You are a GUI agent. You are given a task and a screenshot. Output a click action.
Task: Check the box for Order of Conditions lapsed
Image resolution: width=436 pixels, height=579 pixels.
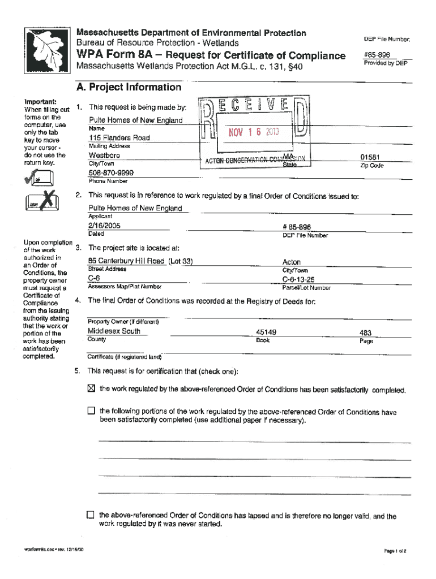(90, 515)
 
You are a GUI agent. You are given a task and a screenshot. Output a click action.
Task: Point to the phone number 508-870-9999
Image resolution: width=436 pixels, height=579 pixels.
(111, 172)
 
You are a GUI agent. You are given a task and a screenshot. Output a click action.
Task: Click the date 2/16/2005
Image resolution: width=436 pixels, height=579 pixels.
(105, 226)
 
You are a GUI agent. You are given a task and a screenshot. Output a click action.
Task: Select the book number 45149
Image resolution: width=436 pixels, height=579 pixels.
(266, 332)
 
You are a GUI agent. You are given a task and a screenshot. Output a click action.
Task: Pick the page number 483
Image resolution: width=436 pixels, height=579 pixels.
(366, 333)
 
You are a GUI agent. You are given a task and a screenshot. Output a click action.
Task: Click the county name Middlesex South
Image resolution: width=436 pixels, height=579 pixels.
(114, 331)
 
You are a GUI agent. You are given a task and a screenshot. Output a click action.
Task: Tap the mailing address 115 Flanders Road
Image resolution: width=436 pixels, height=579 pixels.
(119, 138)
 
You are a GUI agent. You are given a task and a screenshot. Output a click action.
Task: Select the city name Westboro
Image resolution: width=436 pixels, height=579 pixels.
(104, 155)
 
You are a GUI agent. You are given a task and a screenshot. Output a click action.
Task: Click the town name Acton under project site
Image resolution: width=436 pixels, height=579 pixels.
(292, 262)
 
